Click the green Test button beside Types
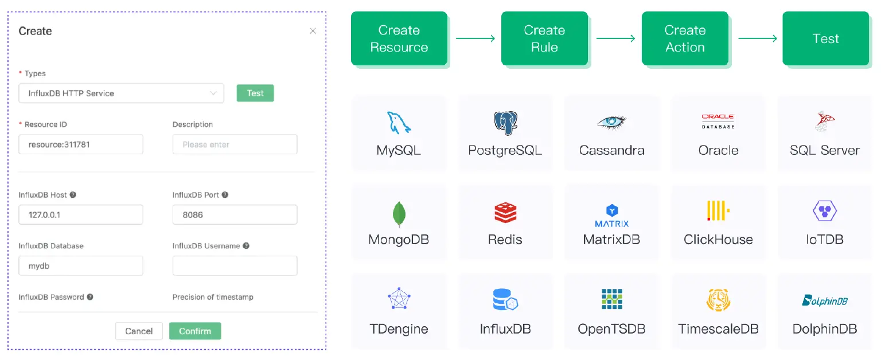(255, 93)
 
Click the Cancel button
(139, 331)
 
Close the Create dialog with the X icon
(313, 31)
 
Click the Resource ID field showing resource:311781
(80, 144)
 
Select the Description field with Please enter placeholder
(235, 144)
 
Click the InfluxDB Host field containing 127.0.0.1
(80, 215)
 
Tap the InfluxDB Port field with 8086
(235, 215)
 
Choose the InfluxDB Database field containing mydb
(80, 266)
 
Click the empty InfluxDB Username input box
(235, 266)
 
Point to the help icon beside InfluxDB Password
(90, 297)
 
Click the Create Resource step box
(399, 38)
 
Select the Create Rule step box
(544, 38)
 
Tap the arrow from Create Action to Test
(757, 38)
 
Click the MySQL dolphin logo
(399, 123)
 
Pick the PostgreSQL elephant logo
(505, 123)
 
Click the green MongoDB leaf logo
(399, 214)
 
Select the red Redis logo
(505, 213)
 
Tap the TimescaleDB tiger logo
(718, 300)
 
